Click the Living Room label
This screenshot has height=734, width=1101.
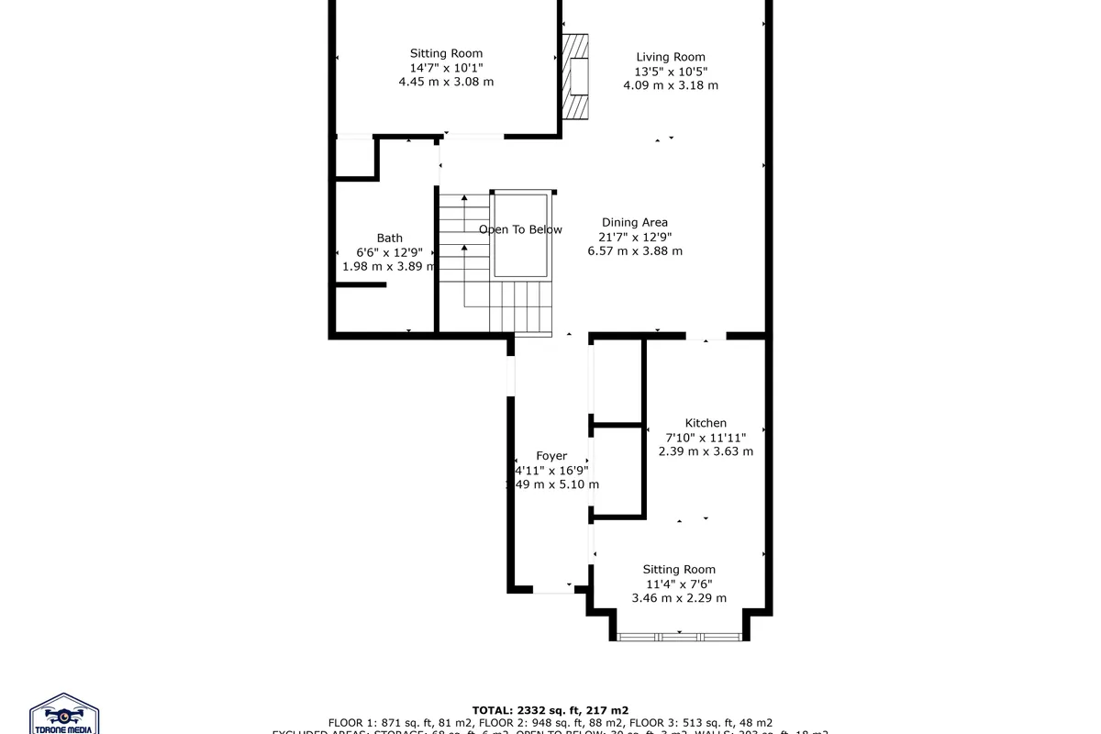(670, 57)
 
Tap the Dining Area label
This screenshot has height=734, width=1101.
(634, 222)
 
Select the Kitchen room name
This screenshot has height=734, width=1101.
(706, 423)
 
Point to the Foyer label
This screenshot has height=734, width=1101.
(551, 456)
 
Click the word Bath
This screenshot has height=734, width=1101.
(389, 239)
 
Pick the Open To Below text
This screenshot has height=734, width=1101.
(520, 229)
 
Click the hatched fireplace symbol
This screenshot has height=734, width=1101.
(576, 77)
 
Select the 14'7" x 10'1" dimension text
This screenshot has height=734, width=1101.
(446, 68)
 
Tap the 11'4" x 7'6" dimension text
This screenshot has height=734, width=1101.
(679, 584)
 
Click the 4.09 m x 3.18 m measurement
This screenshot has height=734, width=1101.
(670, 85)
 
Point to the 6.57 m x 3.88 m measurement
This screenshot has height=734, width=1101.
(634, 250)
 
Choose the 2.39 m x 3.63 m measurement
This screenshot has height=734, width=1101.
(706, 451)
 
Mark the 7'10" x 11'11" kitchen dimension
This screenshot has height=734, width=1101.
(706, 438)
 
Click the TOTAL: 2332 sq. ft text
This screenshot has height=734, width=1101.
(550, 710)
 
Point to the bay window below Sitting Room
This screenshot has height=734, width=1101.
(679, 636)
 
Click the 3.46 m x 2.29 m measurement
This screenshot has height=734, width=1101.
(679, 598)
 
